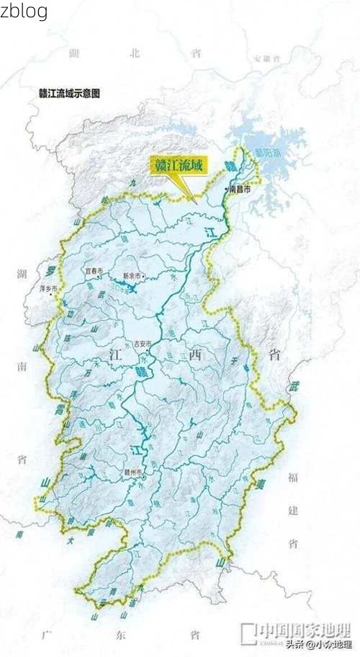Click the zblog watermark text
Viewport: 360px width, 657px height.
24,11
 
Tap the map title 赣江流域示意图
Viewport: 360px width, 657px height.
69,94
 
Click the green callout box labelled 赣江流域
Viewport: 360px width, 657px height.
176,166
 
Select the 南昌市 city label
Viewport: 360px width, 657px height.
240,189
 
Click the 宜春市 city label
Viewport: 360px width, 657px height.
95,271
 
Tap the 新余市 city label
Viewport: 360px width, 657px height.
132,276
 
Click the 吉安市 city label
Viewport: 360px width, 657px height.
143,344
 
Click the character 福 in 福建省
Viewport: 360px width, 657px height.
293,477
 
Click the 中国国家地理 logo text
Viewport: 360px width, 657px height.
305,629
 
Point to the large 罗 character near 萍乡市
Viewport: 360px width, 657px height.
50,270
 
